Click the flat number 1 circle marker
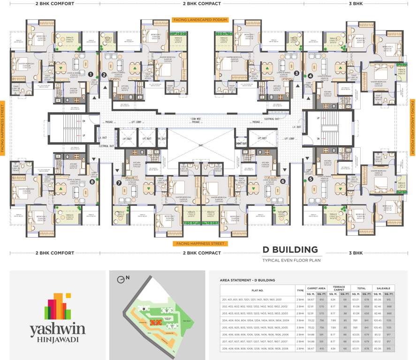pyautogui.click(x=91, y=74)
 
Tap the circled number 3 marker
pyautogui.click(x=296, y=73)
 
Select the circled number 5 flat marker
pyautogui.click(x=310, y=179)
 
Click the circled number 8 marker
pyautogui.click(x=92, y=181)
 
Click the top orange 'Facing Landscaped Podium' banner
pyautogui.click(x=200, y=20)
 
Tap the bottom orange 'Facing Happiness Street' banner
pyautogui.click(x=200, y=244)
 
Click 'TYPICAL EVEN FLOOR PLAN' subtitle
pyautogui.click(x=291, y=260)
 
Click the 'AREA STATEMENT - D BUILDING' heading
pyautogui.click(x=247, y=280)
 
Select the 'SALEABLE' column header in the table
pyautogui.click(x=383, y=287)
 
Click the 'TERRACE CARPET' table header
pyautogui.click(x=338, y=287)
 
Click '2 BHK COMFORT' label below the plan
pyautogui.click(x=55, y=253)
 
